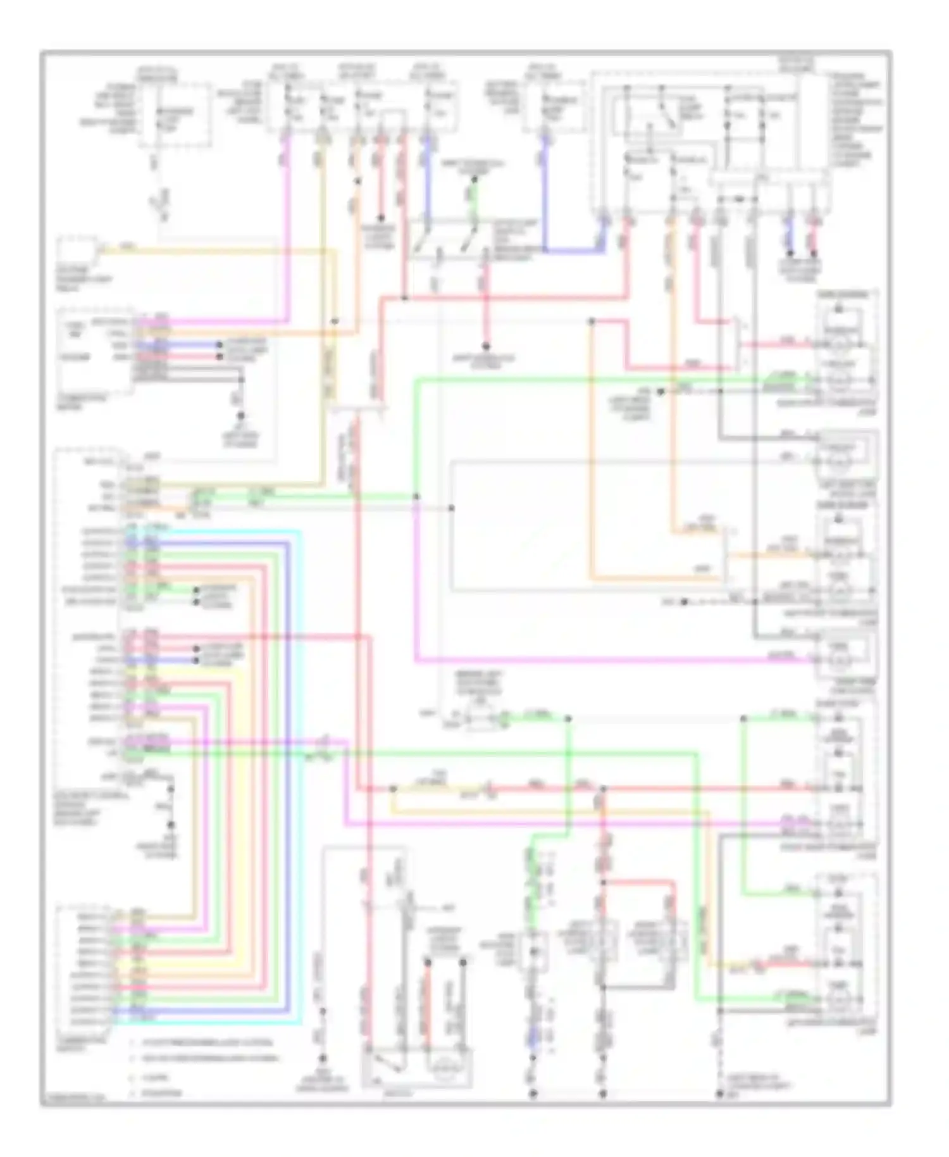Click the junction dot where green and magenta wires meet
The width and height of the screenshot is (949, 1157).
click(416, 497)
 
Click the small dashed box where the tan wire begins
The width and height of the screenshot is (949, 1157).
click(78, 252)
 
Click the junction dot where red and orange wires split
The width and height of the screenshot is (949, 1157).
click(592, 322)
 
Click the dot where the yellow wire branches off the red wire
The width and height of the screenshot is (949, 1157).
click(393, 789)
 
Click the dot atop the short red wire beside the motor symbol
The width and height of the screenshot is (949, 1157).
click(428, 962)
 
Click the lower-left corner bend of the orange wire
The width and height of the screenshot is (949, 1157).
click(591, 578)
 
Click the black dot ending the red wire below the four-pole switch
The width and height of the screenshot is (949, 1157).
click(487, 346)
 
